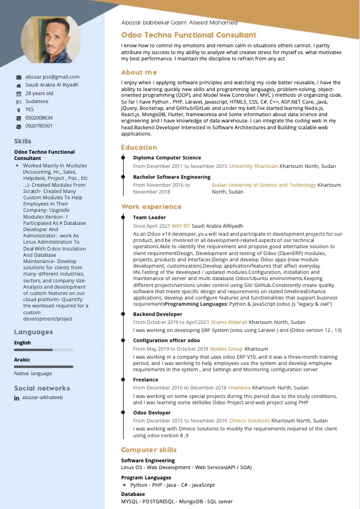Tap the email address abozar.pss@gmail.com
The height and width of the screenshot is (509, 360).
[52, 77]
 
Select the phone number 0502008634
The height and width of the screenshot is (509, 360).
[39, 118]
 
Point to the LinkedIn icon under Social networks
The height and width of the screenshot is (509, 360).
[17, 398]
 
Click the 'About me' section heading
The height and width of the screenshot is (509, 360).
[139, 72]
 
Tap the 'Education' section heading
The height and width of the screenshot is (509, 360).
[139, 147]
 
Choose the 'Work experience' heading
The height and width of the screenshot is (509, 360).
[151, 207]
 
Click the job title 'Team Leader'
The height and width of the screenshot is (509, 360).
[149, 217]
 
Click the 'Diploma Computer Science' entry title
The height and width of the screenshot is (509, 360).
[167, 158]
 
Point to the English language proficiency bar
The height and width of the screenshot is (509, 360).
[44, 350]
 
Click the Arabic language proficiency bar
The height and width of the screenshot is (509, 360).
[44, 367]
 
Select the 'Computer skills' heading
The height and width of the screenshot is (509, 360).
[149, 450]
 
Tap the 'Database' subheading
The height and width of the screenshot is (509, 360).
[133, 494]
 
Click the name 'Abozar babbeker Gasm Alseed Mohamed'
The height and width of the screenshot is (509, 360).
[179, 23]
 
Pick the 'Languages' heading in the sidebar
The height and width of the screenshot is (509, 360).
[33, 332]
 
